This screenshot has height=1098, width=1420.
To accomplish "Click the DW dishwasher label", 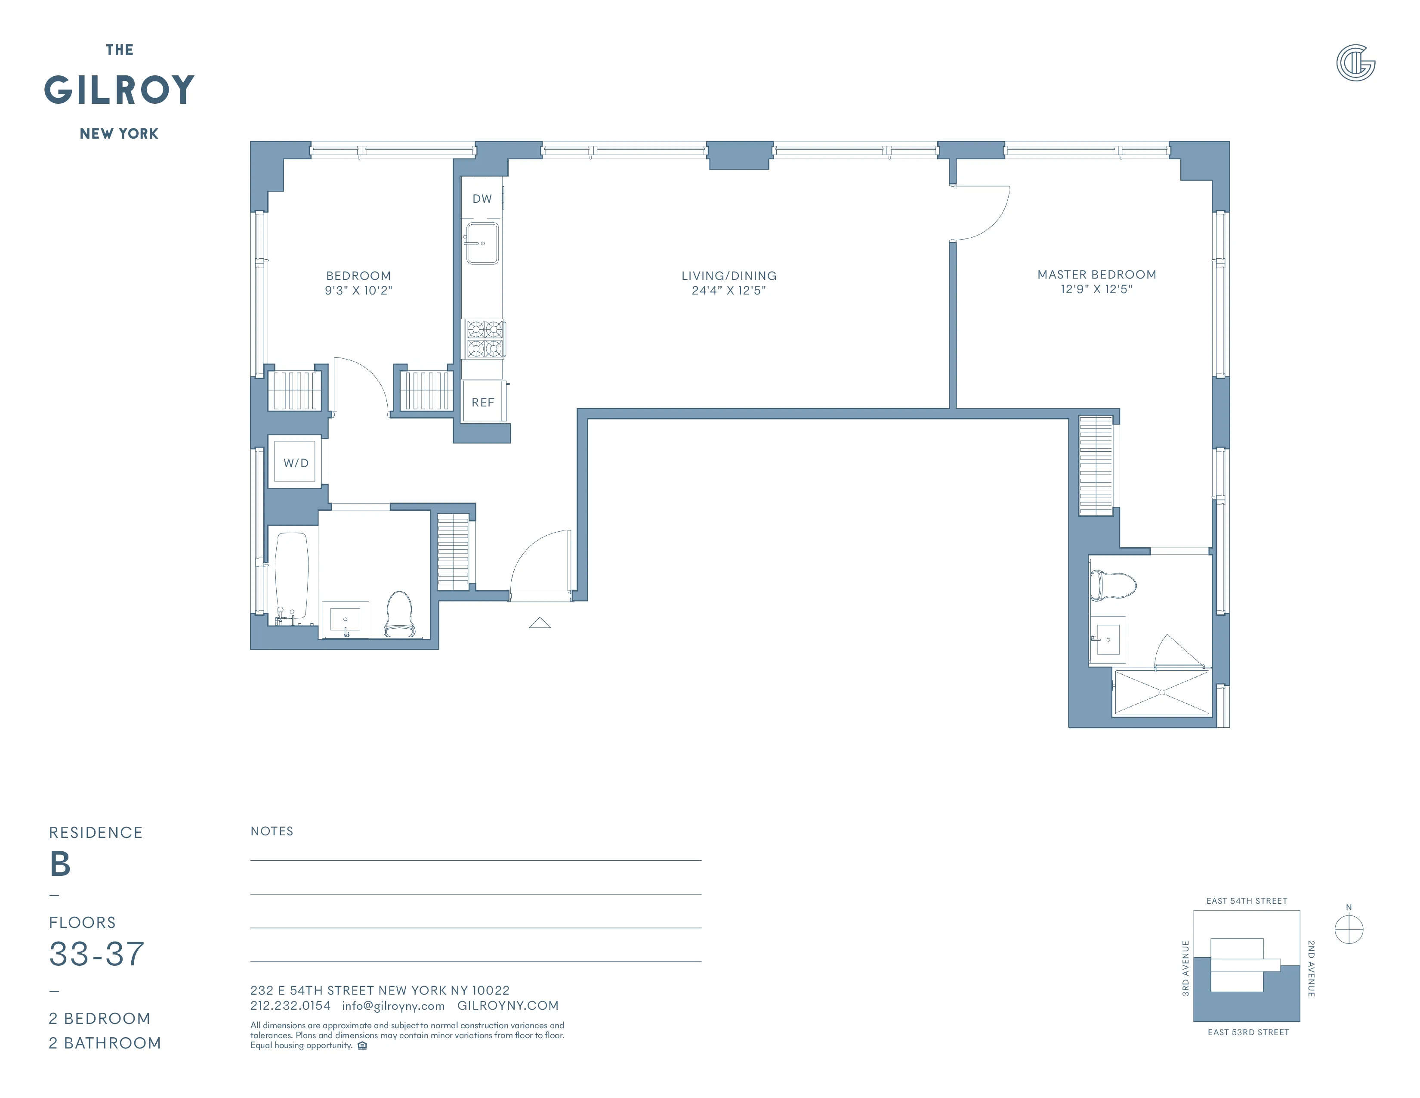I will [x=482, y=199].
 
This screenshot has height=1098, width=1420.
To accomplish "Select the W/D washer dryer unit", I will [x=296, y=462].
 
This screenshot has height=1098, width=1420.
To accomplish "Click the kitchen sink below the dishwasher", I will [x=482, y=243].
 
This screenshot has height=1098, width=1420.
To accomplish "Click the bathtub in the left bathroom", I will [x=291, y=575].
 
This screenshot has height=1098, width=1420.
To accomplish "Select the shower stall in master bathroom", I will [x=1162, y=693].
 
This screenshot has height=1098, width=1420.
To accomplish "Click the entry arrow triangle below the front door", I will [x=540, y=623].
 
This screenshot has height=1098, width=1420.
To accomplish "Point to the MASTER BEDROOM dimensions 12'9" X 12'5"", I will [x=1096, y=289].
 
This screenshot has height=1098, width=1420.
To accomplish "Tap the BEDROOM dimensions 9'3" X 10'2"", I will [x=358, y=291].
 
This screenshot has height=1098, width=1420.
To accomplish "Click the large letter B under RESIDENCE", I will [x=60, y=864].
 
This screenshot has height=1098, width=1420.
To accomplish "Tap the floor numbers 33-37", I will [x=96, y=954].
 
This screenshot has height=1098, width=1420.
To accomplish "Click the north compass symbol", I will [x=1349, y=929].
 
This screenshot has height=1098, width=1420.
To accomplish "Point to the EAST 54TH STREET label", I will [x=1247, y=901].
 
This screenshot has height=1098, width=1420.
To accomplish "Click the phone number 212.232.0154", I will [x=290, y=1005].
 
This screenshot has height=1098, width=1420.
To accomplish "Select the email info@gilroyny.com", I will [x=393, y=1005].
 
